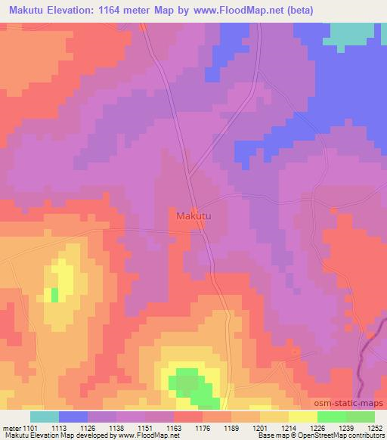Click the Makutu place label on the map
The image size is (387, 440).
click(193, 216)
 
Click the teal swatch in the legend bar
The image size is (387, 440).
click(45, 417)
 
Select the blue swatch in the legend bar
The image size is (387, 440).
click(73, 417)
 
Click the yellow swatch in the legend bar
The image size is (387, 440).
click(302, 417)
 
